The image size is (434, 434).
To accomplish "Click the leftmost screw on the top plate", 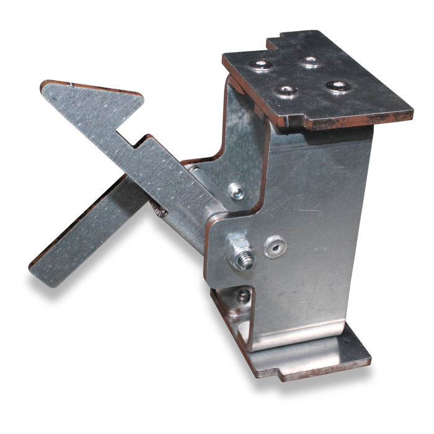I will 261,65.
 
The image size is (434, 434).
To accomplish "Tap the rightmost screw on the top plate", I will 339,86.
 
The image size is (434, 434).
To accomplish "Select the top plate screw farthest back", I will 308,61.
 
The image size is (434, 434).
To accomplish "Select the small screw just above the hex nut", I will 237,193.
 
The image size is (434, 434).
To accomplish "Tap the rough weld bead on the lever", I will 160,213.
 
